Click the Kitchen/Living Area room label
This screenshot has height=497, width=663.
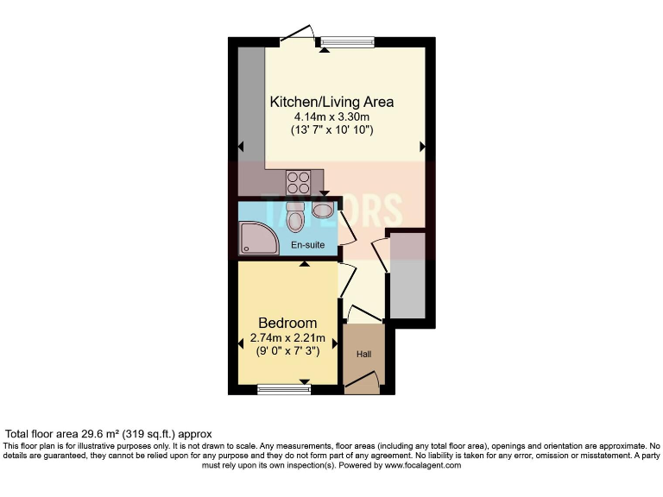click(x=332, y=100)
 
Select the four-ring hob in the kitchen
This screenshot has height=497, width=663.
click(x=299, y=181)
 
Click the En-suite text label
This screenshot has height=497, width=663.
click(x=307, y=245)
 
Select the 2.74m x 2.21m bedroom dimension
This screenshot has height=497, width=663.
click(x=287, y=337)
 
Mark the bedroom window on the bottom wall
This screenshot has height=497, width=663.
click(x=284, y=389)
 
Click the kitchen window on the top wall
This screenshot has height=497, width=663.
click(x=346, y=41)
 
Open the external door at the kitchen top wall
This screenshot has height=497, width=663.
click(x=295, y=35)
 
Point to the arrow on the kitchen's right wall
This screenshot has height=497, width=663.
click(x=422, y=147)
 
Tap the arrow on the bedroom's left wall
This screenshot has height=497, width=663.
click(x=242, y=344)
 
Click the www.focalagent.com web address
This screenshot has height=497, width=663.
click(x=410, y=465)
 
